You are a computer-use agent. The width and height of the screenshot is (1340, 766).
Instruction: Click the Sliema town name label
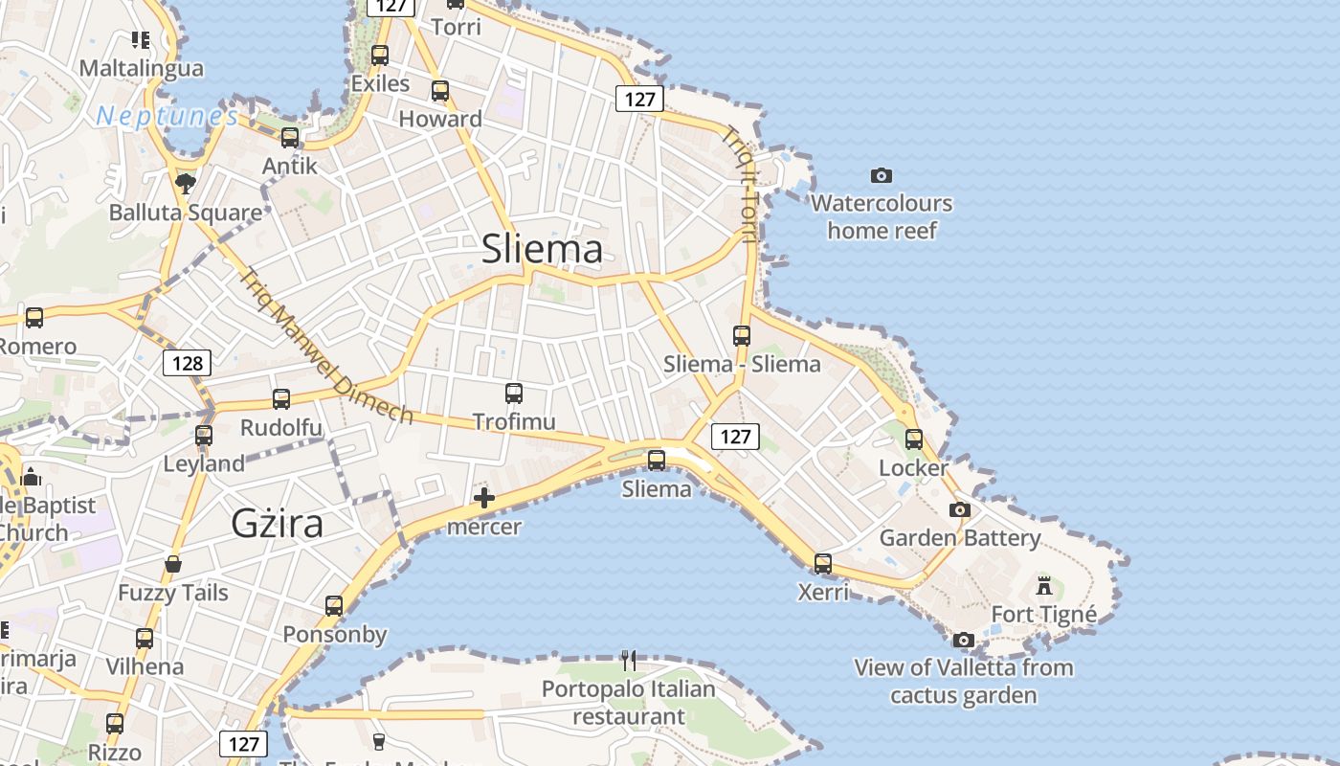542,249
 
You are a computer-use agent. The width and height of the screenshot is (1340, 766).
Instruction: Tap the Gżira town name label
277,524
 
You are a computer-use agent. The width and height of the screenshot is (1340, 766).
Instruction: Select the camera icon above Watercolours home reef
882,175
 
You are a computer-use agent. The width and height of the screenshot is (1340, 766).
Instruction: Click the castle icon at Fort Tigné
1044,585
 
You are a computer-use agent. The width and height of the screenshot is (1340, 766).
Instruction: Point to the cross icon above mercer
484,498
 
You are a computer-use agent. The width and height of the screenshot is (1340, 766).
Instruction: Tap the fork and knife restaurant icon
628,660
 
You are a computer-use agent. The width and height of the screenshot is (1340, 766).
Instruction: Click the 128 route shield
187,363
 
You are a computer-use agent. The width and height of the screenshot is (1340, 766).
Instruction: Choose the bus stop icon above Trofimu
514,394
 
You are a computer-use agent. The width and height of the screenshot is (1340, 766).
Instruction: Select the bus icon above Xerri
823,564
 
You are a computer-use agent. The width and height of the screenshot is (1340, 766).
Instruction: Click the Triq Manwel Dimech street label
325,345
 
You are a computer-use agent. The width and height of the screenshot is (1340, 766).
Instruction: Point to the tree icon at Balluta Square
186,183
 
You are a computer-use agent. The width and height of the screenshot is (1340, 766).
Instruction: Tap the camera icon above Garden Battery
959,509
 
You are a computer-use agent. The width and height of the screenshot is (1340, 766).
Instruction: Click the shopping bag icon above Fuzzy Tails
173,564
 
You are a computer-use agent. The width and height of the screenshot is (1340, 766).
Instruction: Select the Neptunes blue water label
167,117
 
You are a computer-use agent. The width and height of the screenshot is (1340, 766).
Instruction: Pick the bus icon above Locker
914,439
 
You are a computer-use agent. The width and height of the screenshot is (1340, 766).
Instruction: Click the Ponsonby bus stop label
335,634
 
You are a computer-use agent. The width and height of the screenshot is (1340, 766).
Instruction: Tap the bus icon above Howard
440,91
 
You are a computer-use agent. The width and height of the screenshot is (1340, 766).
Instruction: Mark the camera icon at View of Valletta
964,639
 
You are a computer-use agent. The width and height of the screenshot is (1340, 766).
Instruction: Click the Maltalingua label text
142,68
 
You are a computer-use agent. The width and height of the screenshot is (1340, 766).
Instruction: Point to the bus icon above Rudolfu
281,399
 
